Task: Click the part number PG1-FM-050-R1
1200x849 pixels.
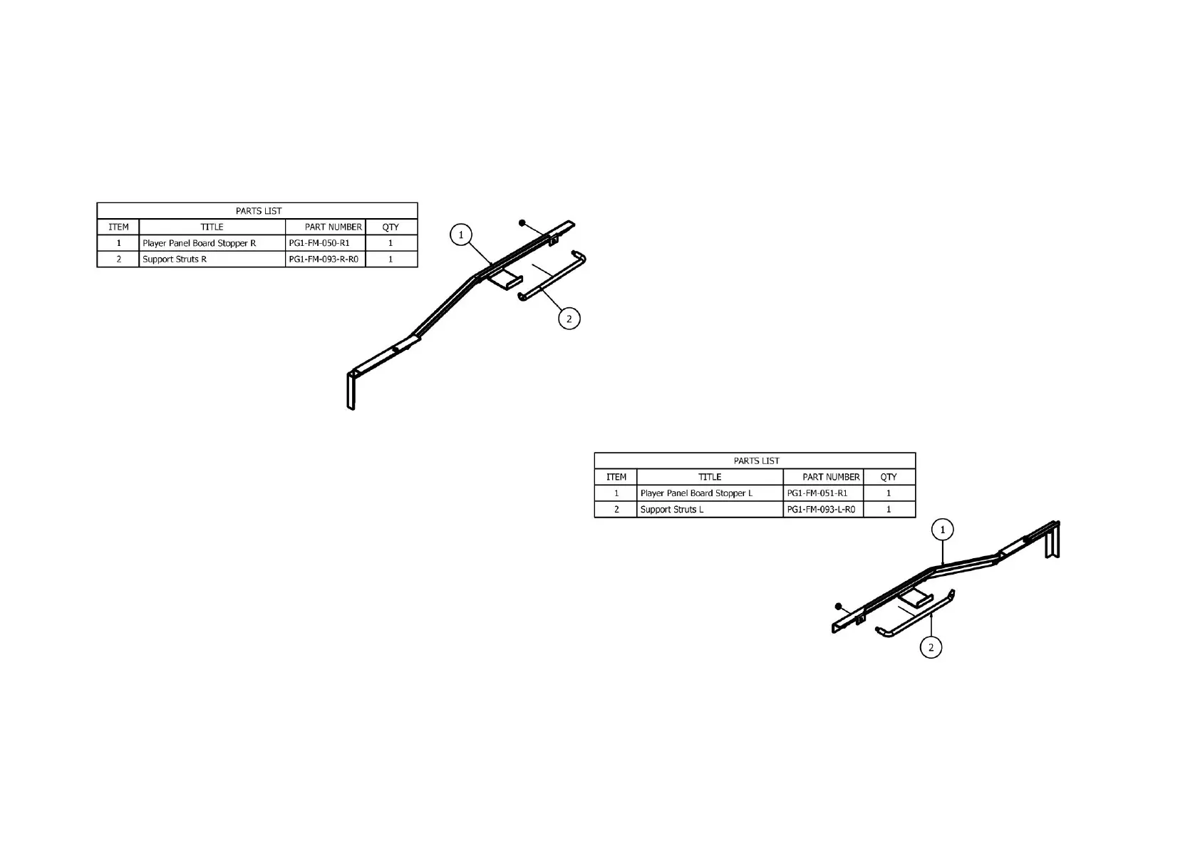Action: (x=319, y=243)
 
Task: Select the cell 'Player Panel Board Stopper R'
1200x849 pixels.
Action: (x=199, y=243)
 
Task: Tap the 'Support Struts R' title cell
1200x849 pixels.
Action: (x=175, y=259)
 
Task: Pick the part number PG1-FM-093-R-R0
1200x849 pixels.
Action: (x=324, y=259)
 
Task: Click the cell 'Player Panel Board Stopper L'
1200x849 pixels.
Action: (x=696, y=493)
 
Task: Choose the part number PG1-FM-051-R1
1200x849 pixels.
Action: (x=817, y=493)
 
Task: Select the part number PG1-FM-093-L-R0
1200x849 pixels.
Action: (x=821, y=510)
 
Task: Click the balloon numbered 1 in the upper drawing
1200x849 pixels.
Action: (x=461, y=235)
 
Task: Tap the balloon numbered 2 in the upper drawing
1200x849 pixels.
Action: (x=569, y=319)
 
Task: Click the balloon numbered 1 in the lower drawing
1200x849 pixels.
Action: (x=943, y=530)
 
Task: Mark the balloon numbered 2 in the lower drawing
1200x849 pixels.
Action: (x=931, y=648)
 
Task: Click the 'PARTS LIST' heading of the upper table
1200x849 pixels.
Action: (x=258, y=211)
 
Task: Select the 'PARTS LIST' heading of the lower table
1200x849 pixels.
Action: (x=756, y=461)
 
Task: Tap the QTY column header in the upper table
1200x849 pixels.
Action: (x=390, y=227)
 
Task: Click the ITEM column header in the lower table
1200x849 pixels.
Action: (x=616, y=478)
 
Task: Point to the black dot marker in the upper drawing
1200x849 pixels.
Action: (x=522, y=223)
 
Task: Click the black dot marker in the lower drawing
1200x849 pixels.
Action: (x=839, y=607)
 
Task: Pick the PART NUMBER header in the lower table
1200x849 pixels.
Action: (x=831, y=478)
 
